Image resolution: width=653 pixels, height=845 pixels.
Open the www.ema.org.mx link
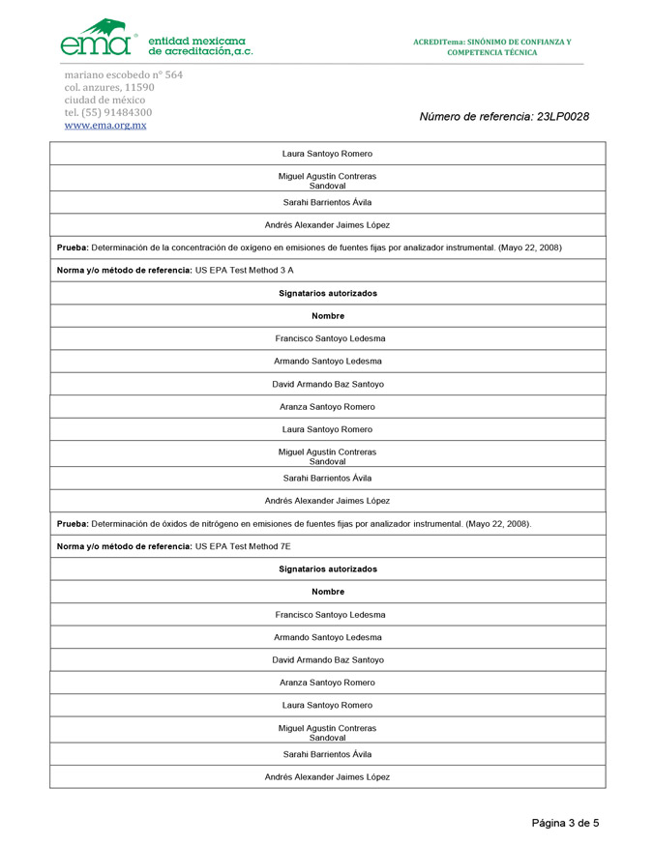coord(105,126)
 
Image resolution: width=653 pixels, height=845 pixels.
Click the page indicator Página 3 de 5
coord(565,823)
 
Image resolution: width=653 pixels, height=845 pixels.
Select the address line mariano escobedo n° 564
coord(123,74)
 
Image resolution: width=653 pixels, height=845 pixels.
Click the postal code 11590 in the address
coord(139,87)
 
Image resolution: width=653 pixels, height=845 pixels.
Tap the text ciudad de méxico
coord(104,100)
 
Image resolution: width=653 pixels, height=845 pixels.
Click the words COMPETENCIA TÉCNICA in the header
coord(491,52)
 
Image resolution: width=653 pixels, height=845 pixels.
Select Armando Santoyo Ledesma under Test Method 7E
coord(328,637)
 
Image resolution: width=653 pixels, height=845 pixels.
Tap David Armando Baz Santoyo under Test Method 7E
coord(328,659)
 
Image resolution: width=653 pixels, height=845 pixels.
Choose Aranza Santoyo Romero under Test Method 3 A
coord(327,406)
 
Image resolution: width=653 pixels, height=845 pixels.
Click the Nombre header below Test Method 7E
coord(327,592)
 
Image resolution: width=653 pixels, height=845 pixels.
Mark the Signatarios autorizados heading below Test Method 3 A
coord(327,293)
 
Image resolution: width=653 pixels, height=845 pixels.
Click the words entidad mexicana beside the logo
coord(196,40)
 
